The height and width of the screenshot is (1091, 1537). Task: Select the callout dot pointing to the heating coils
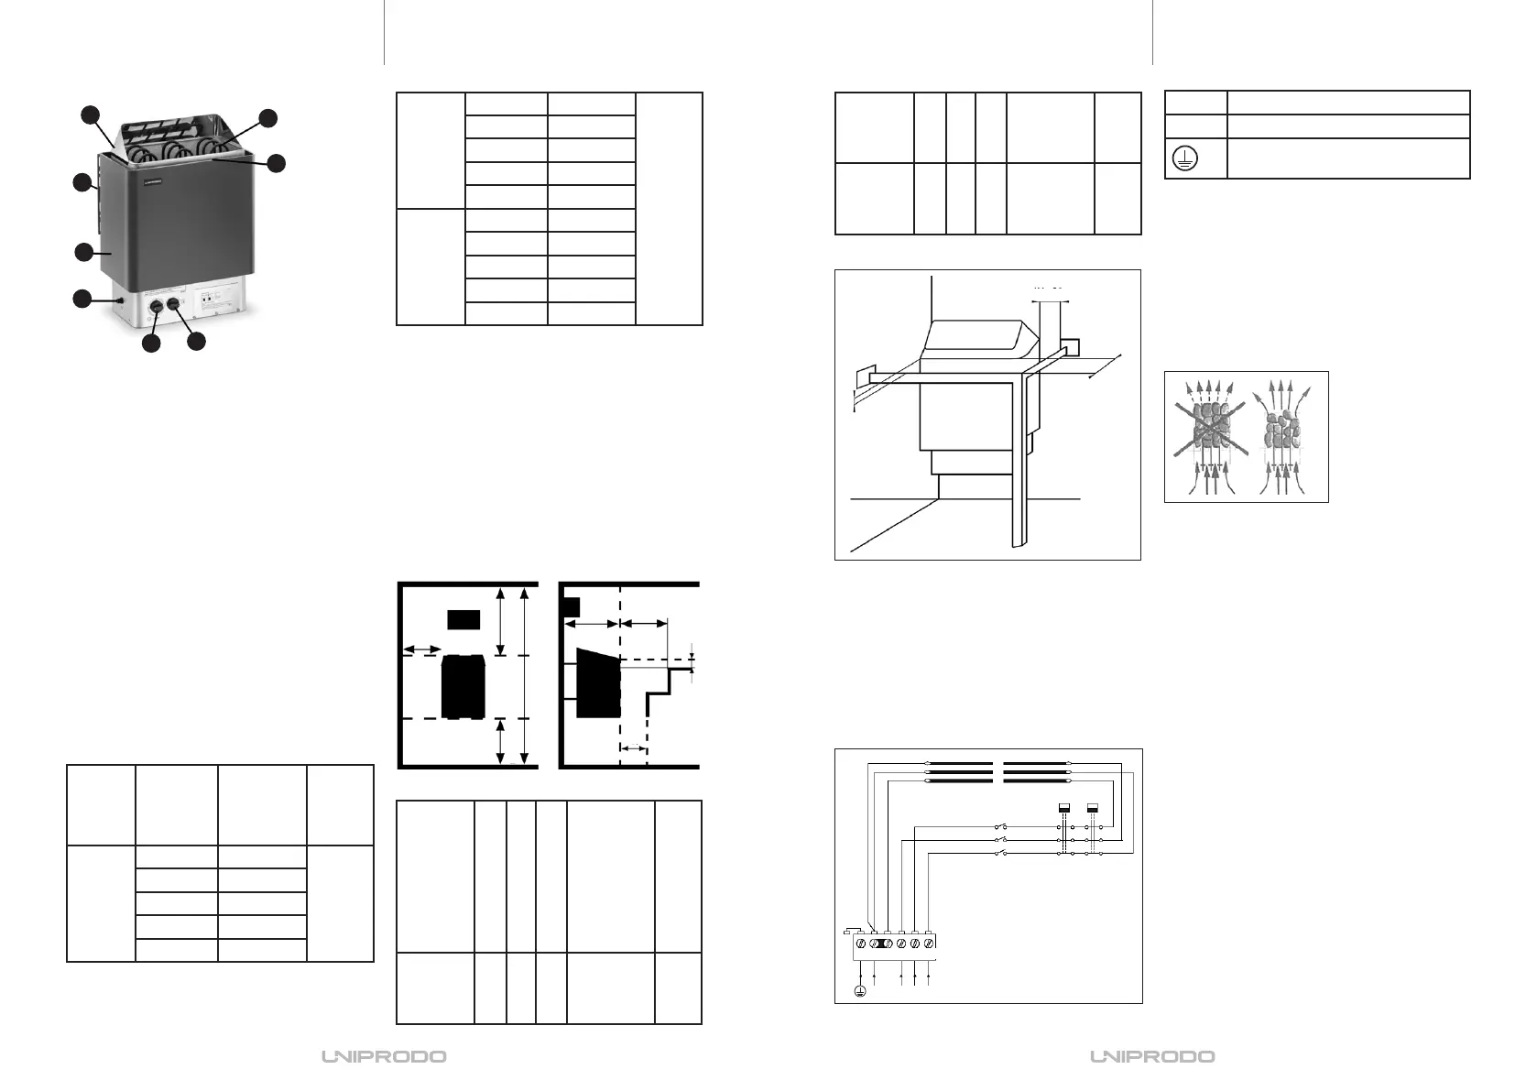click(x=267, y=117)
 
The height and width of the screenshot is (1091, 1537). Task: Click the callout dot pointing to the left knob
click(x=152, y=343)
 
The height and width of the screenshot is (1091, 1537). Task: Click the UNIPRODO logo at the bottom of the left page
click(x=384, y=1056)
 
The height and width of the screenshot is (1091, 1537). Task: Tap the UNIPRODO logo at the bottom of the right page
click(x=1152, y=1056)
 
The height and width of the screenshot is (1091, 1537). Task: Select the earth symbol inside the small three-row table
click(x=1181, y=158)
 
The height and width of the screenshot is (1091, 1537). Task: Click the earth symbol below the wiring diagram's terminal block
click(x=859, y=990)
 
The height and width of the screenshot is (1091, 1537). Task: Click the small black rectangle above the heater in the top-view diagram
click(x=463, y=618)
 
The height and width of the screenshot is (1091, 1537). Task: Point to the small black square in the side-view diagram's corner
click(x=572, y=606)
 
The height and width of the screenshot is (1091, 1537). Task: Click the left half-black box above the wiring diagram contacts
click(x=1064, y=807)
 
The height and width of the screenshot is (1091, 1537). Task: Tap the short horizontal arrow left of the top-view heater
click(x=421, y=649)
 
